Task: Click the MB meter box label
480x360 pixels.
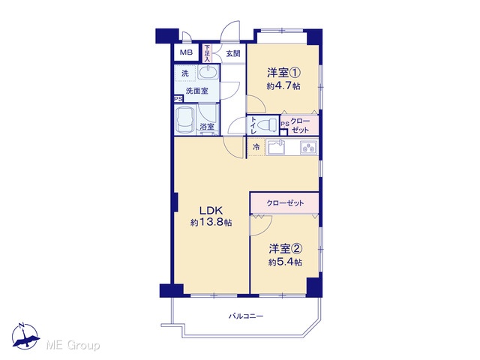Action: coord(186,52)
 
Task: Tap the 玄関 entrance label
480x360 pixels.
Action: coord(233,54)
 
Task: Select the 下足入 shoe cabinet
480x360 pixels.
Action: coord(207,53)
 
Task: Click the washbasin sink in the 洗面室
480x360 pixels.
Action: coord(208,73)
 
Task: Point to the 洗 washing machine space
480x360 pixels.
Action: coord(185,73)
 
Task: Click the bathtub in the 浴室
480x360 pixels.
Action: coord(185,120)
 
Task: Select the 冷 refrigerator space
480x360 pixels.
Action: coord(256,147)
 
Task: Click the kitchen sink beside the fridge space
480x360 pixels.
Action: coord(277,147)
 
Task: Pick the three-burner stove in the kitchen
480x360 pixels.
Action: coord(309,148)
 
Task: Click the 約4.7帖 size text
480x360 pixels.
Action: coord(283,86)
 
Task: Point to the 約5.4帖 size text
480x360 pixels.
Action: coord(285,262)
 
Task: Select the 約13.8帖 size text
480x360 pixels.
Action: coord(211,222)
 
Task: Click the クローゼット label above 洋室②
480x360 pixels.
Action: coord(285,203)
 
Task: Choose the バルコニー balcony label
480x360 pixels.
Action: coord(246,316)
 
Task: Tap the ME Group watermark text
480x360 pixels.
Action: coord(73,346)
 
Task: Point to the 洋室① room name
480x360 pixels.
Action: coord(283,73)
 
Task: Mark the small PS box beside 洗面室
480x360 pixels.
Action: coord(178,99)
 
